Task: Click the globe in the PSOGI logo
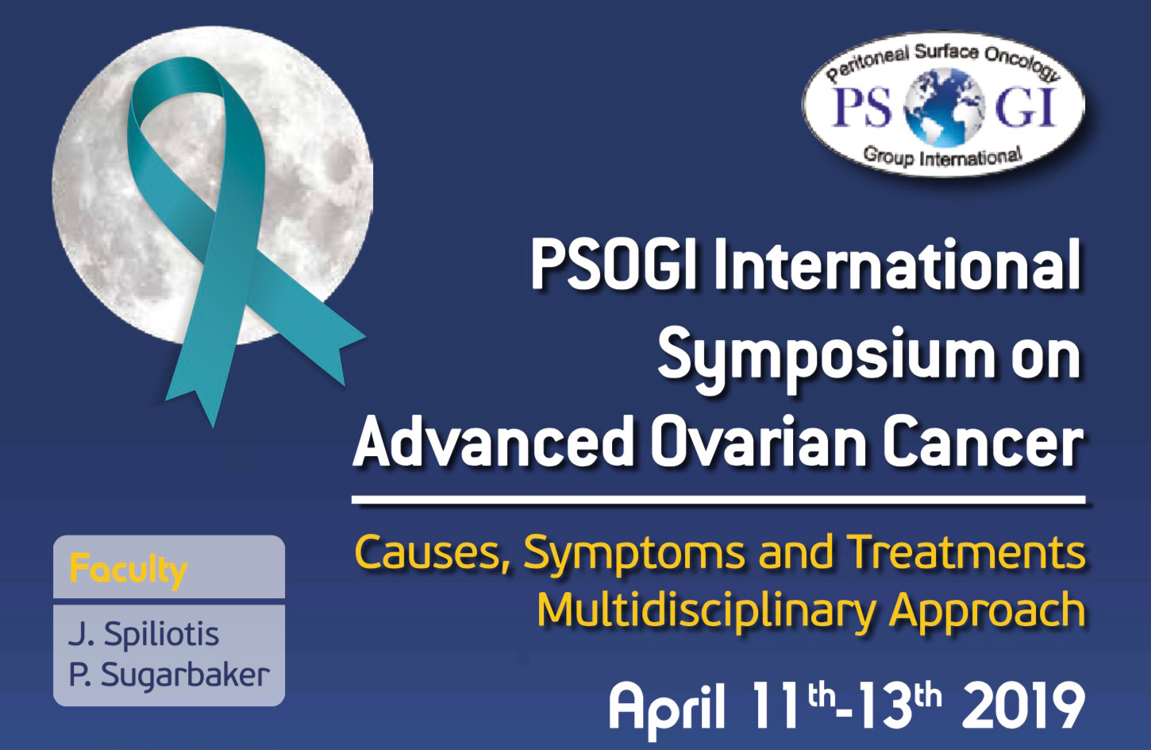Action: (945, 107)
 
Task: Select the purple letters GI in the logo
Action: (1026, 107)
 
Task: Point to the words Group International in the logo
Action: (942, 156)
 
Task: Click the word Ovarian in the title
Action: (758, 442)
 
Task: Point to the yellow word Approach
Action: (987, 612)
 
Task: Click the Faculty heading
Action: (129, 570)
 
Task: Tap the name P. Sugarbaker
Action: (169, 675)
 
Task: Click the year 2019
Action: (1022, 706)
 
